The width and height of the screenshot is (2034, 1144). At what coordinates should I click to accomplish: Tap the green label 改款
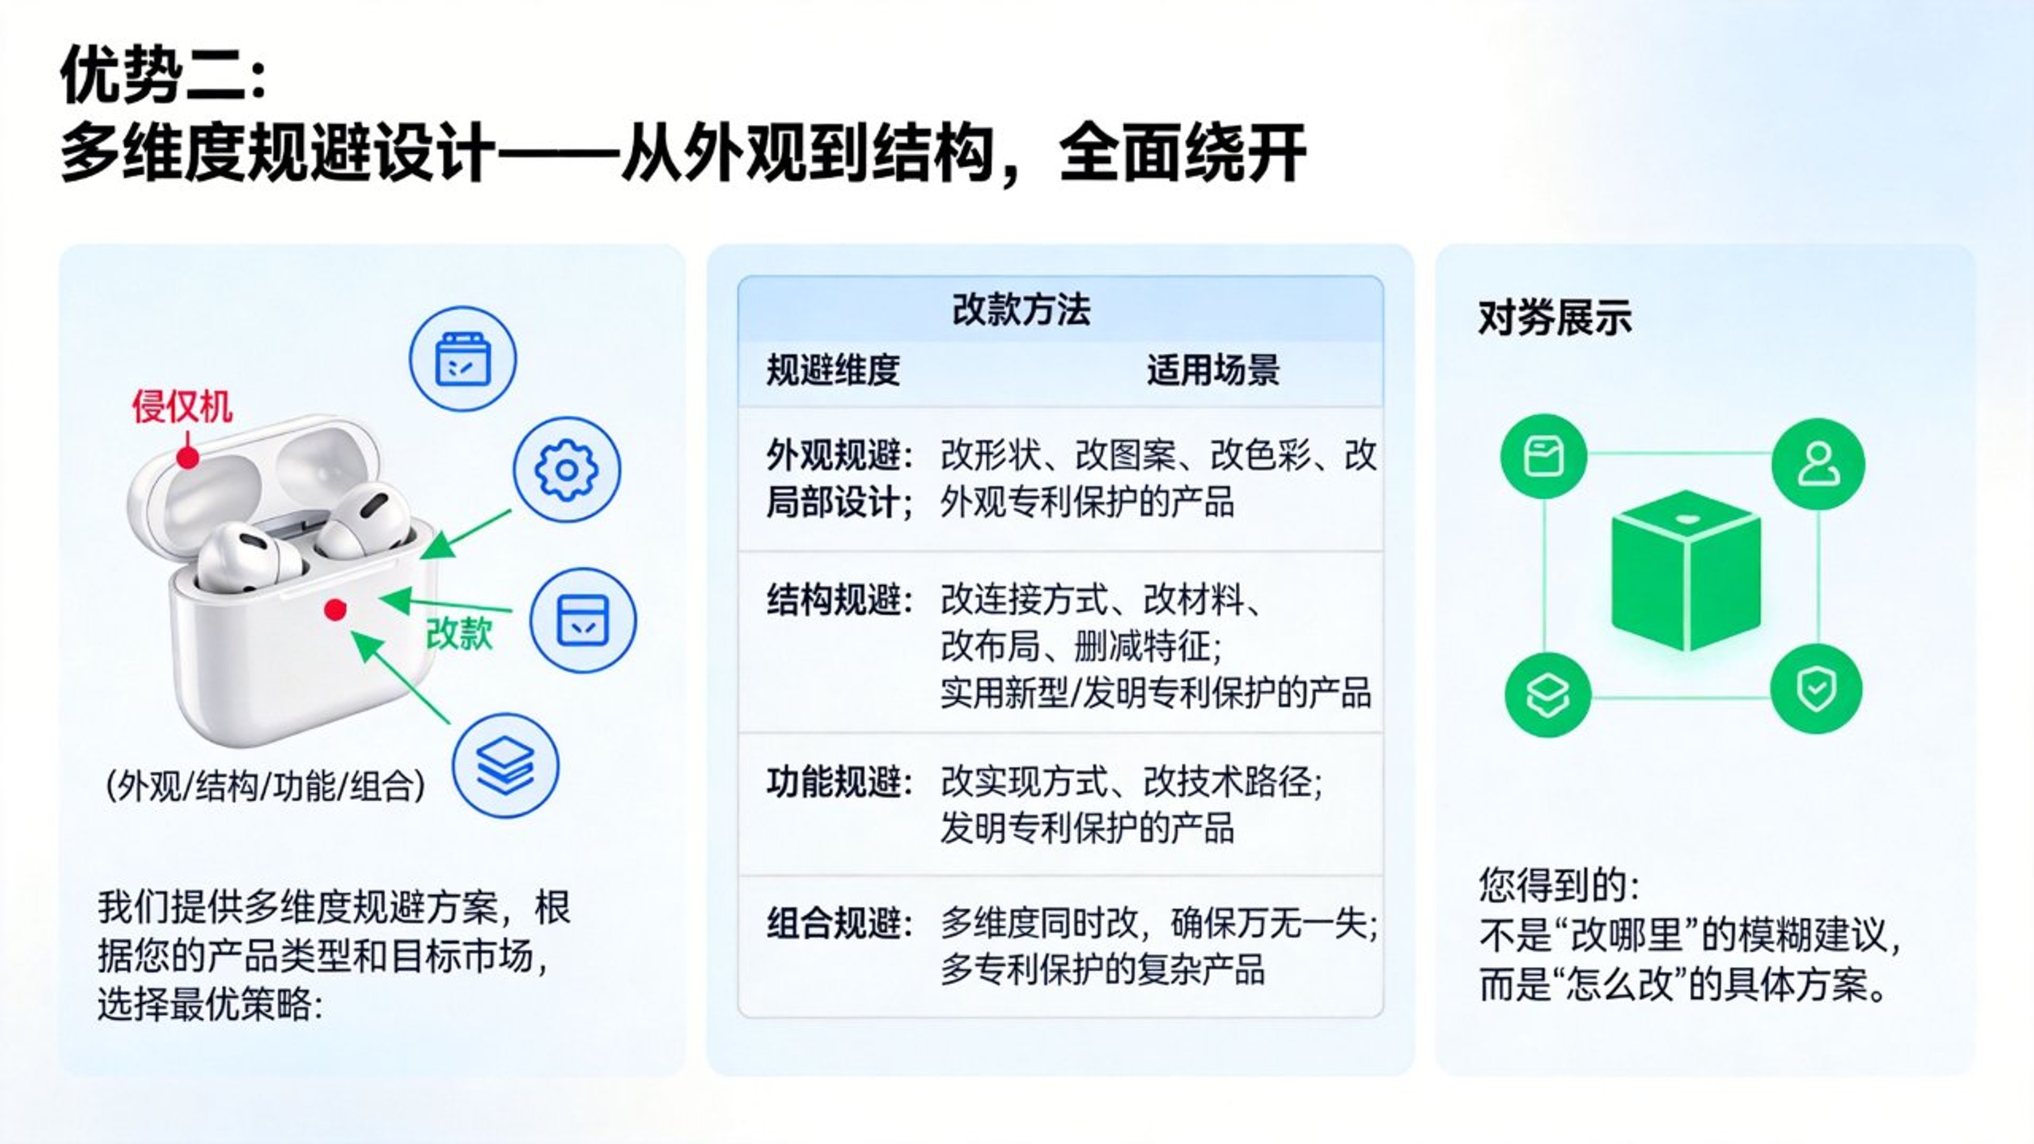[459, 632]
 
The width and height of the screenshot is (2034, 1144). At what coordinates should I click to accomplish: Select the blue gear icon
[567, 470]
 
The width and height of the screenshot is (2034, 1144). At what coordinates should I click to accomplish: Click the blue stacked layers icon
[505, 766]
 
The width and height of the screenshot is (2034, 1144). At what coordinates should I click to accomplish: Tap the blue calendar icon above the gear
[462, 359]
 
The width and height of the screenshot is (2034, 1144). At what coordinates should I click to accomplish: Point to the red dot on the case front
[336, 610]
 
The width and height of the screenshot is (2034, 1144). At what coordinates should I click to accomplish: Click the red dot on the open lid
[187, 457]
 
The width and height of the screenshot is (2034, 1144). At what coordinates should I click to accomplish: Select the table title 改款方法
[1021, 309]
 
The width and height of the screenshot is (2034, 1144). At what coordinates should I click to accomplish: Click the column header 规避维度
[833, 369]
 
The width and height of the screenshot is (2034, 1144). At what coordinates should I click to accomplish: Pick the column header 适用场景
[1213, 369]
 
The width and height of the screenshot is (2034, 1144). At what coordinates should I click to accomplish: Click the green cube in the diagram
[1686, 570]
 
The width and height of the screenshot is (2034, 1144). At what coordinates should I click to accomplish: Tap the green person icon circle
[1818, 464]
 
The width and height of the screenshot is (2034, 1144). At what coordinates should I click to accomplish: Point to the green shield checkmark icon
[1816, 688]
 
